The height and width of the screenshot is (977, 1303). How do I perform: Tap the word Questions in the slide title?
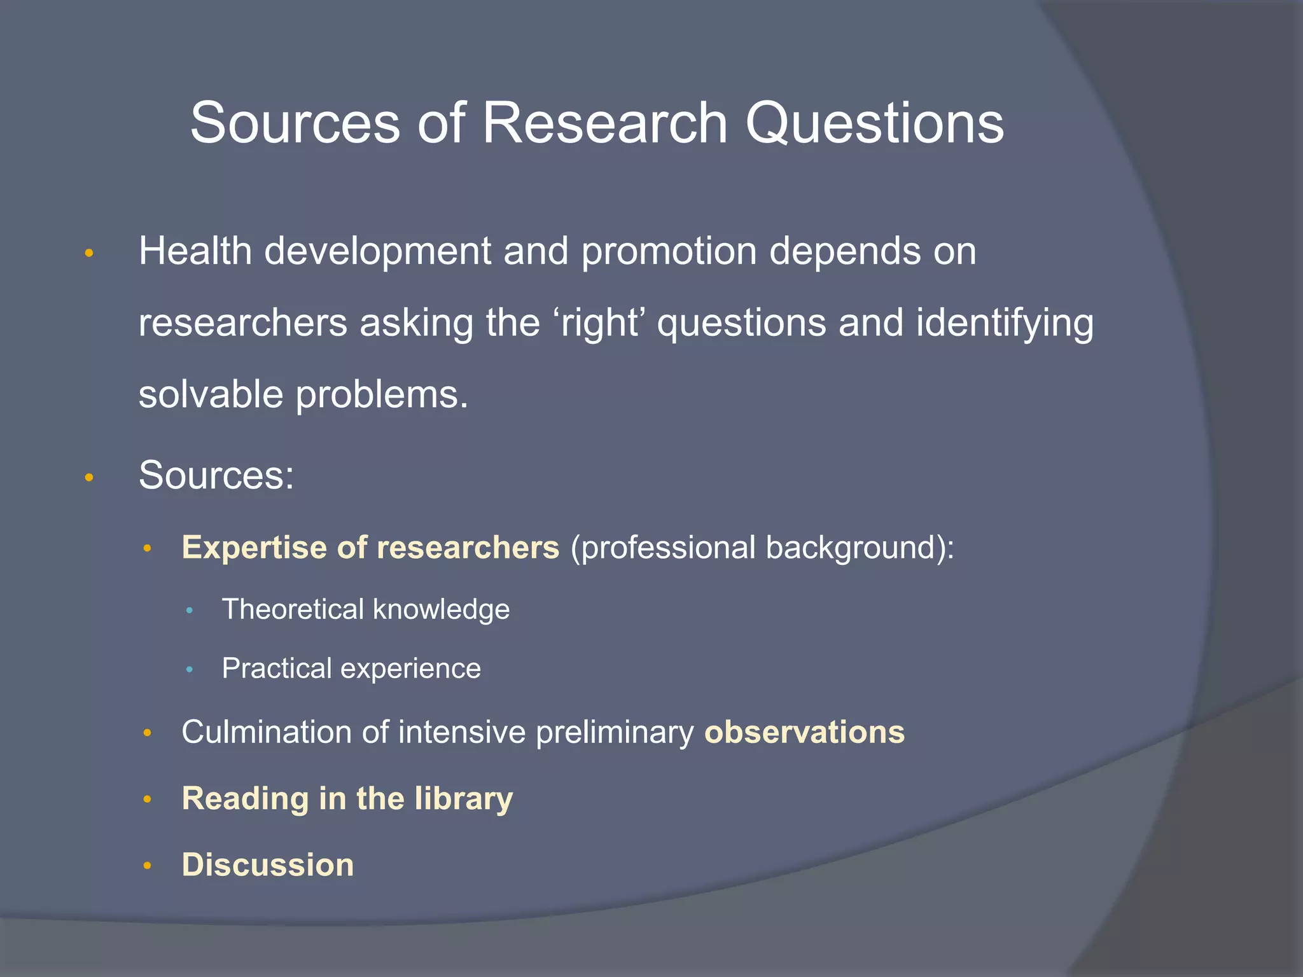coord(874,124)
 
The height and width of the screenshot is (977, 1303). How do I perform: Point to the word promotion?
coord(669,252)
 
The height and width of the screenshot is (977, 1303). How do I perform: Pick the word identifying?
coord(1005,323)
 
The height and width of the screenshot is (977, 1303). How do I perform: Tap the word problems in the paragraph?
coord(382,396)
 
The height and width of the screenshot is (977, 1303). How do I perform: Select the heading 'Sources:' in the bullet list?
coord(216,475)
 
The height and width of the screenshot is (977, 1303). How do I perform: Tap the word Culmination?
coord(265,732)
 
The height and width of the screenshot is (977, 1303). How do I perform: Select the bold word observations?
coord(804,732)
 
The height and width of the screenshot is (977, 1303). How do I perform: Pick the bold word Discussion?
coord(268,865)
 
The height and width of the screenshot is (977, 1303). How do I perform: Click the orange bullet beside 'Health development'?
coord(89,253)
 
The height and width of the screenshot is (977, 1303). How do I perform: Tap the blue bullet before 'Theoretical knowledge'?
coord(189,611)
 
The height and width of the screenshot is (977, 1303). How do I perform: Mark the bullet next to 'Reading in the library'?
coord(147,800)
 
